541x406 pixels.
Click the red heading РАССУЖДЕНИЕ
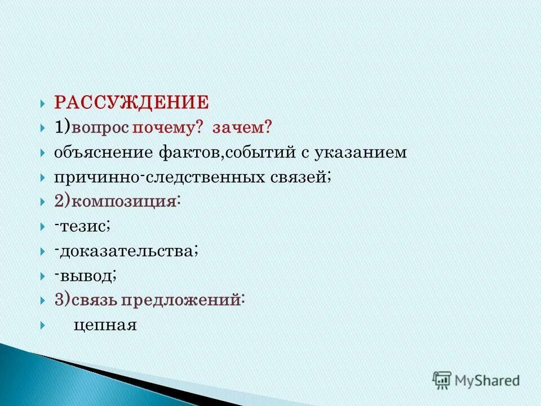click(x=131, y=103)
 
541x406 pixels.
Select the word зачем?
click(x=242, y=128)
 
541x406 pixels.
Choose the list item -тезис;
click(x=82, y=227)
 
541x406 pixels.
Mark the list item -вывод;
click(x=86, y=276)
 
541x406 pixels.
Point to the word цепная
click(x=105, y=325)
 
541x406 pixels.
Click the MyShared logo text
click(x=487, y=381)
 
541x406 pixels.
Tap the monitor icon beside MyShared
click(x=441, y=380)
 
